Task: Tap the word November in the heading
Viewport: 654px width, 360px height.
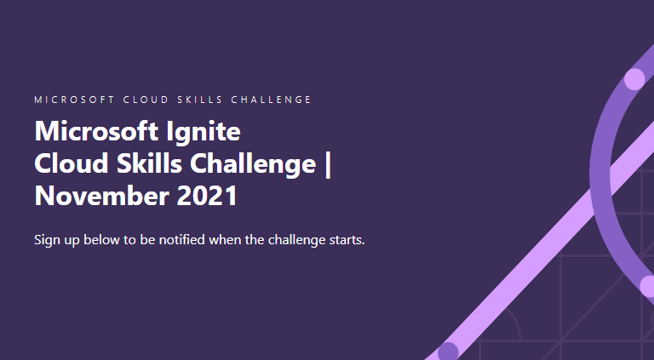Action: [94, 196]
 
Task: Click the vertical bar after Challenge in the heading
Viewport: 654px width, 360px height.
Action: [328, 164]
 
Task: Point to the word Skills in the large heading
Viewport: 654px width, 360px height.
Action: [145, 164]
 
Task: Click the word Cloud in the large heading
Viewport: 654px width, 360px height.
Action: [69, 164]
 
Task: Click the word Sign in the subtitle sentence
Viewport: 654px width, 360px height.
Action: [47, 240]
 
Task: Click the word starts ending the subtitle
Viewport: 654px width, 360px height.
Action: [345, 239]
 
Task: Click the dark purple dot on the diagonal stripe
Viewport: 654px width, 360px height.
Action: [448, 351]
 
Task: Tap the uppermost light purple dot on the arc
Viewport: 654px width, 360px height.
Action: [634, 79]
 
